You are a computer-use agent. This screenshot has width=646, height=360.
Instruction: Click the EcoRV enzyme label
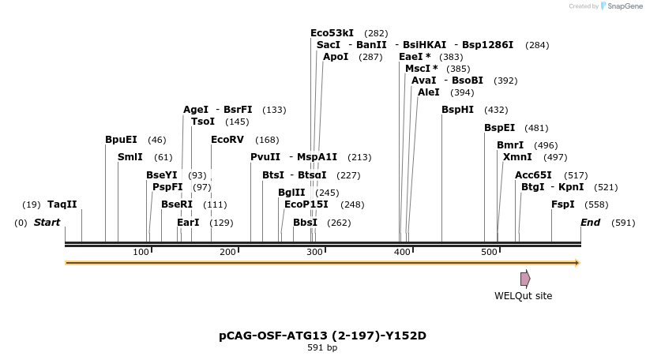227,140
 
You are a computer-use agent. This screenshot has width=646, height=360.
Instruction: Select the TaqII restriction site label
62,204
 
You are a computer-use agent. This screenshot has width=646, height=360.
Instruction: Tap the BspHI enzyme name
457,110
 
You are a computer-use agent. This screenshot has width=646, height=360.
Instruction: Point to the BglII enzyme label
291,192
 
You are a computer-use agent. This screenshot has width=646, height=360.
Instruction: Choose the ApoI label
336,57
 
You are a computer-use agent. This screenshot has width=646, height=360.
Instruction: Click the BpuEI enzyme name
121,140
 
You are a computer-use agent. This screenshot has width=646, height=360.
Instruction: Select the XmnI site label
517,157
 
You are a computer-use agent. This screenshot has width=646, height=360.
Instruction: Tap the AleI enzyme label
429,92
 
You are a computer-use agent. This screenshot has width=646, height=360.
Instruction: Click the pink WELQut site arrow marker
525,279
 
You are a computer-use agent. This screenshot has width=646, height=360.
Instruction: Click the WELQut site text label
523,296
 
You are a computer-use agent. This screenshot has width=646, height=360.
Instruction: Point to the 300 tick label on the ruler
314,252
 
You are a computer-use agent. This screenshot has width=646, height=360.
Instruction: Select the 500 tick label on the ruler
489,252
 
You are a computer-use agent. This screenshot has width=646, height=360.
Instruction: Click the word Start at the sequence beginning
47,223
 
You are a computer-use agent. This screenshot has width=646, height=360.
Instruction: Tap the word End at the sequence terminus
591,223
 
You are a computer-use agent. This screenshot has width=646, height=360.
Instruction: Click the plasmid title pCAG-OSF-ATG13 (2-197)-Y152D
322,336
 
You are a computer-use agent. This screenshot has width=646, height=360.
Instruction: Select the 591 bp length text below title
322,348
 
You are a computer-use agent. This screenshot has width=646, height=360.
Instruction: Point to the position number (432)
496,110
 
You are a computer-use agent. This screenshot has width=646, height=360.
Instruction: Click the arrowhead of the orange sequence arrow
578,263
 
